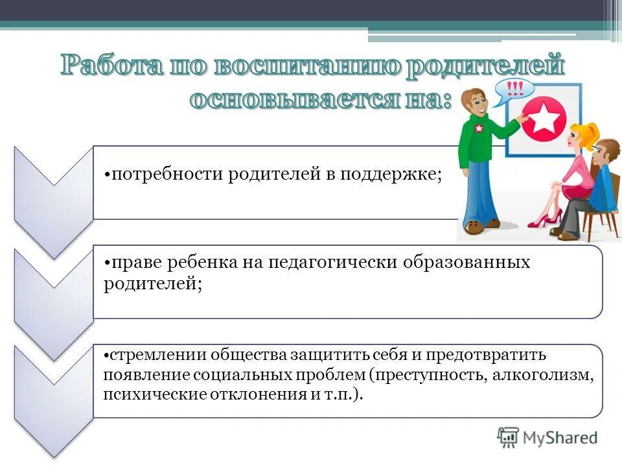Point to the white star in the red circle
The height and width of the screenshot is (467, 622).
pyautogui.click(x=544, y=119)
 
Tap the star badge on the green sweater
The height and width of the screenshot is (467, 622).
pyautogui.click(x=479, y=128)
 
